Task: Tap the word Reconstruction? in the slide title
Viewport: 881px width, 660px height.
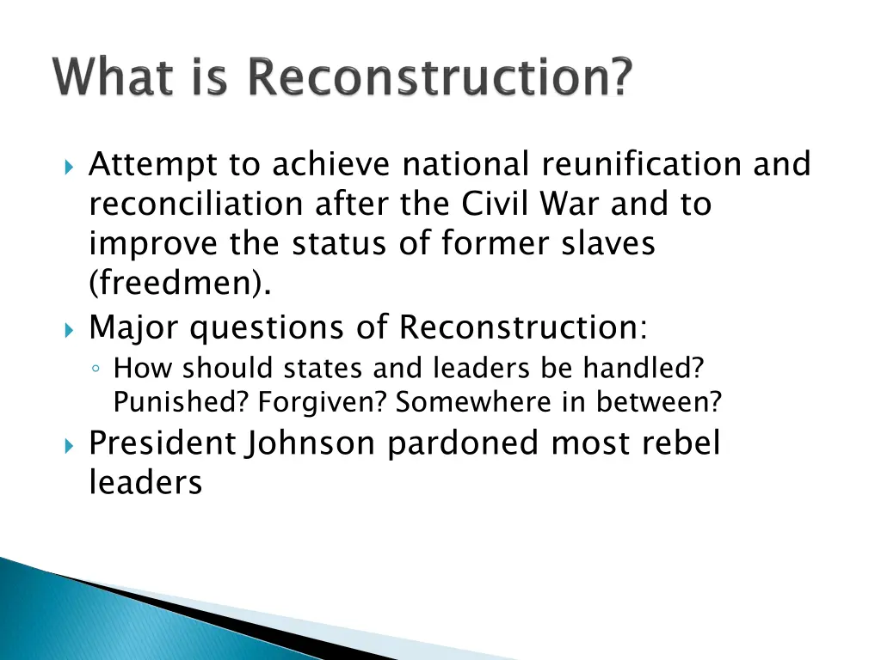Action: pos(440,78)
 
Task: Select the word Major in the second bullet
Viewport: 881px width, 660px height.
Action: pos(134,327)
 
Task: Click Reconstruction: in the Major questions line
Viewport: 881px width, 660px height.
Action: pos(524,327)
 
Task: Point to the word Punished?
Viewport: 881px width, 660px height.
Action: pos(182,400)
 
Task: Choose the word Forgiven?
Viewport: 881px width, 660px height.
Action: pos(324,400)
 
